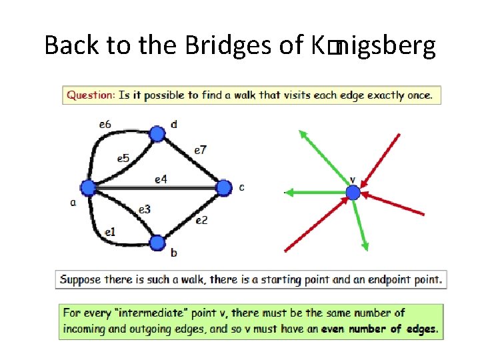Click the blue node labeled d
click(x=157, y=134)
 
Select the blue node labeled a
click(x=87, y=188)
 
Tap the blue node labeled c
click(x=223, y=188)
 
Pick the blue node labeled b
click(x=157, y=243)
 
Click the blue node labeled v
click(x=353, y=193)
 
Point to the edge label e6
click(x=105, y=124)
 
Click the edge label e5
click(x=123, y=158)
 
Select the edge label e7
click(x=200, y=150)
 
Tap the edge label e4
click(x=161, y=179)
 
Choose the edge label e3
click(x=145, y=209)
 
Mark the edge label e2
click(x=201, y=220)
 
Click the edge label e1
click(x=110, y=232)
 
